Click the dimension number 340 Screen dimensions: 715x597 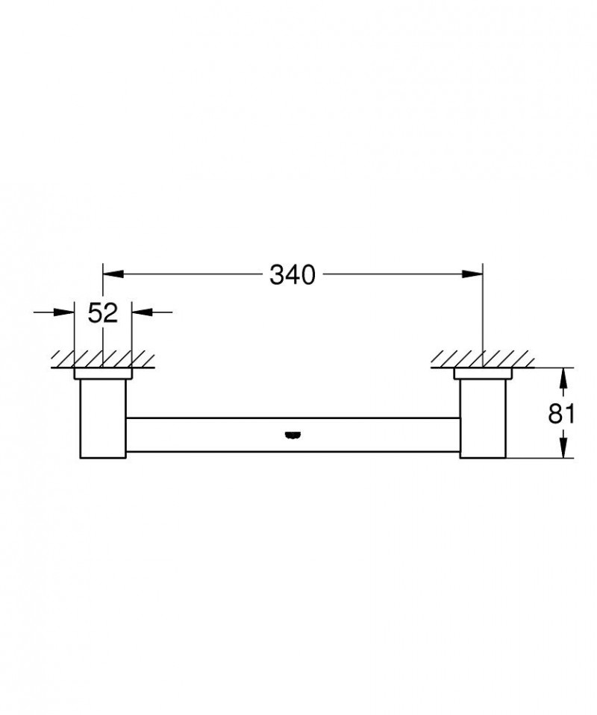point(293,275)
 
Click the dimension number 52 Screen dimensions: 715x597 point(103,312)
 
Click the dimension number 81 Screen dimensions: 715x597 point(561,413)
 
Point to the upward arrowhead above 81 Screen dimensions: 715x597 point(564,377)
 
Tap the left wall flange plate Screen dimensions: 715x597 point(103,374)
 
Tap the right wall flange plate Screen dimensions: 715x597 point(483,374)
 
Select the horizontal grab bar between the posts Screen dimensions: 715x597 point(224,435)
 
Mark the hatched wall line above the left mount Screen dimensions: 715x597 point(103,359)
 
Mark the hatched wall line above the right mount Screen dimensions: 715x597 point(483,359)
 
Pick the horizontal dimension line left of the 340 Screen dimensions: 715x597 point(187,275)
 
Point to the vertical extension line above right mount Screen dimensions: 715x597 point(483,313)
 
